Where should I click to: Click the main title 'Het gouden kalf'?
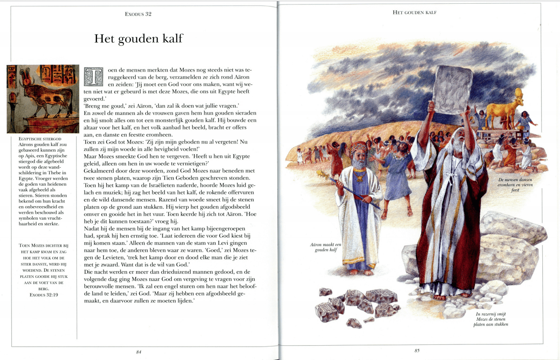[138, 39]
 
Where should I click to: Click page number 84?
[138, 351]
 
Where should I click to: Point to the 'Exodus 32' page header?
[138, 14]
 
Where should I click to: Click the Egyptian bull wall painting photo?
[43, 99]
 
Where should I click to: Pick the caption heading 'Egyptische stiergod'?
[38, 139]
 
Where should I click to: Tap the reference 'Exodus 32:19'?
[44, 295]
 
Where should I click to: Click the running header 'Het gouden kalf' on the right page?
[414, 13]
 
